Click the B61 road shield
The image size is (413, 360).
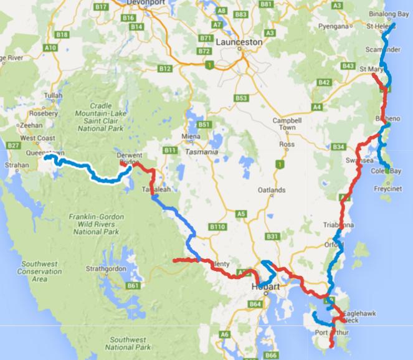132,286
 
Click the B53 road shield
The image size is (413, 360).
242,98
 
